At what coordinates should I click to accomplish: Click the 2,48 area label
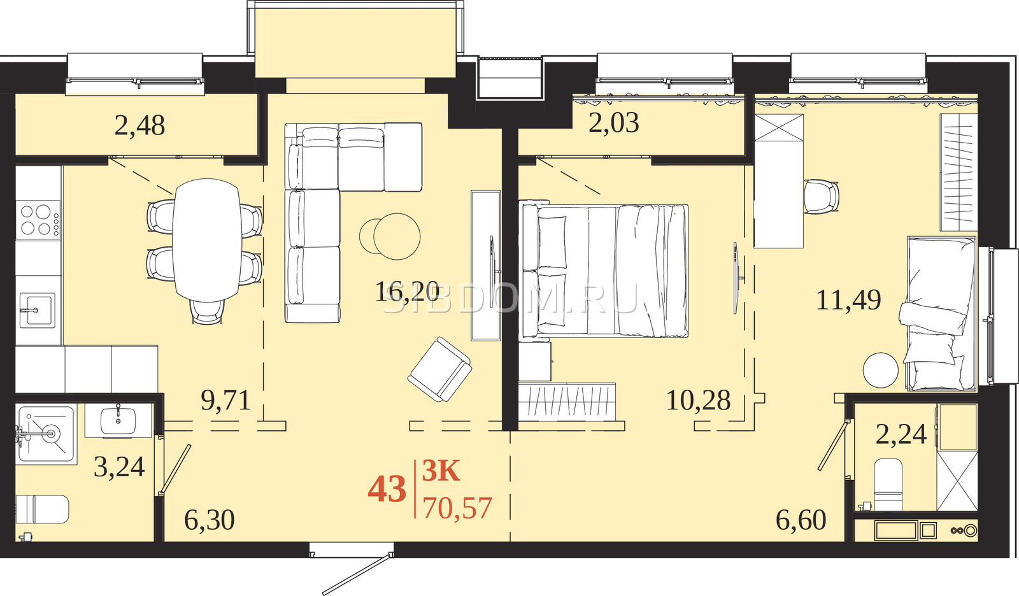[x=139, y=126]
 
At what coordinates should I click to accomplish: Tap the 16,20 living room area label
[x=407, y=292]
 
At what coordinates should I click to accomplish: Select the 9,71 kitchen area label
[x=226, y=401]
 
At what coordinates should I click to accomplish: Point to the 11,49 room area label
[x=848, y=301]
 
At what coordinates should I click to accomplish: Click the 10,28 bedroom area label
[x=698, y=401]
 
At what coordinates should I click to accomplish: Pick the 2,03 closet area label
[x=614, y=123]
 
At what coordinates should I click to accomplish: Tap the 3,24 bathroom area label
[x=119, y=467]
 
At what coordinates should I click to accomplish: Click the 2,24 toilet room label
[x=901, y=434]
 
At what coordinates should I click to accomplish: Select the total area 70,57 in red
[x=458, y=509]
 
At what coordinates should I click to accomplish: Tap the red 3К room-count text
[x=441, y=471]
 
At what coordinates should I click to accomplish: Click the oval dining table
[x=207, y=240]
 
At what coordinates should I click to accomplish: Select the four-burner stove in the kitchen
[x=39, y=219]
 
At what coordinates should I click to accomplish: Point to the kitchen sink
[x=38, y=310]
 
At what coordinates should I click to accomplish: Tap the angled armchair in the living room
[x=439, y=369]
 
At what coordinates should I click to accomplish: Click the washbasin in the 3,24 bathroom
[x=118, y=420]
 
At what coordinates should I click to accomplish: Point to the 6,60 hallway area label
[x=801, y=520]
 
